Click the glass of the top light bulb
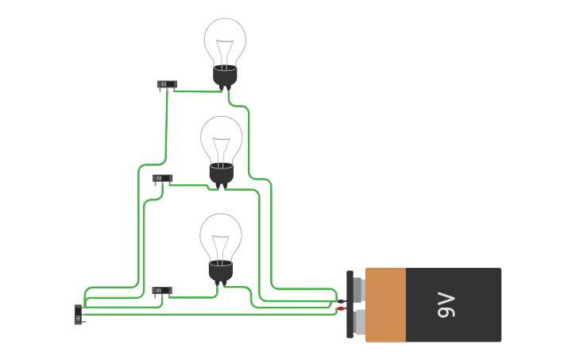pos(225,36)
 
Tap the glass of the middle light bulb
pos(222,134)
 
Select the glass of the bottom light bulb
pos(221,231)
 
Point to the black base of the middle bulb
pos(221,174)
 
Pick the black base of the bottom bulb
pos(220,272)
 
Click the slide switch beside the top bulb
pos(167,84)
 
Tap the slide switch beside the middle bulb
pos(162,178)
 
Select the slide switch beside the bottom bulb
pos(161,291)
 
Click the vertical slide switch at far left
pos(78,314)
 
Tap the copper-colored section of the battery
pos(386,305)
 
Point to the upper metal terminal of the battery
pos(359,290)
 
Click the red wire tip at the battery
pos(341,308)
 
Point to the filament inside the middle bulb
pos(222,148)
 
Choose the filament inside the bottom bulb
pos(220,246)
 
